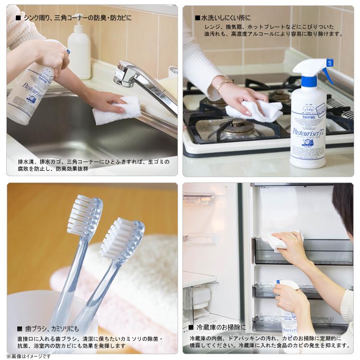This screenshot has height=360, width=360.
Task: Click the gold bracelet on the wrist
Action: pos(223,85)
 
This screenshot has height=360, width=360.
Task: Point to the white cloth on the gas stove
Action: pos(254,111)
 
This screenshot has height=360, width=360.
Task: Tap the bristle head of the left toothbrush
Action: pos(84,216)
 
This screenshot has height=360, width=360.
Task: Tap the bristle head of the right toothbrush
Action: pos(122,240)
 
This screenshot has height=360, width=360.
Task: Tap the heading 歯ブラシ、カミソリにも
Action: pos(48,329)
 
